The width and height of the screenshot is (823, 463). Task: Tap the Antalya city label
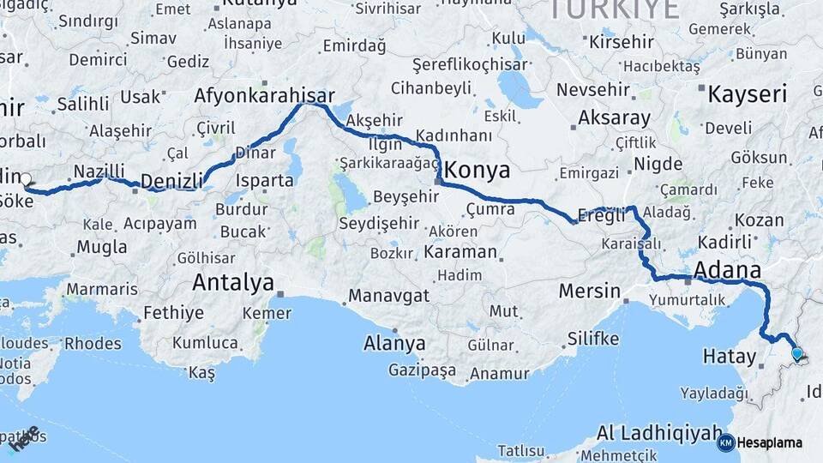tap(233, 282)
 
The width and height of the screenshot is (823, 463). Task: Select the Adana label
tap(727, 271)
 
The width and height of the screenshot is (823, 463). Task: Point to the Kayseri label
tap(748, 93)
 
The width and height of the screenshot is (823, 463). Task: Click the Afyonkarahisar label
tap(264, 94)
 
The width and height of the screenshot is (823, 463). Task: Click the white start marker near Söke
tap(25, 180)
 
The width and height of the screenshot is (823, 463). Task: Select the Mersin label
tap(589, 292)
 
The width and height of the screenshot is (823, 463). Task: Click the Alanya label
tap(394, 344)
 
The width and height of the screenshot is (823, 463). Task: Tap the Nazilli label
tap(99, 171)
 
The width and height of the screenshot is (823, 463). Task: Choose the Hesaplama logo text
tap(770, 442)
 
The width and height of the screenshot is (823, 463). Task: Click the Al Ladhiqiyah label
tap(659, 432)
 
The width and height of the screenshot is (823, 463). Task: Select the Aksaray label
tap(615, 117)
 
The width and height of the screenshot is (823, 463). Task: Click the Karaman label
tap(460, 252)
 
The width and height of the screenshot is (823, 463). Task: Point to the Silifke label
tap(592, 338)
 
